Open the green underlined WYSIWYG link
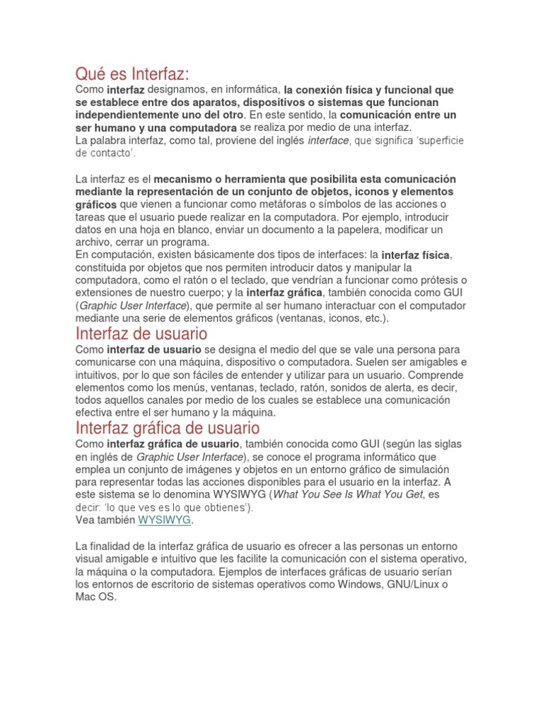165,520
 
